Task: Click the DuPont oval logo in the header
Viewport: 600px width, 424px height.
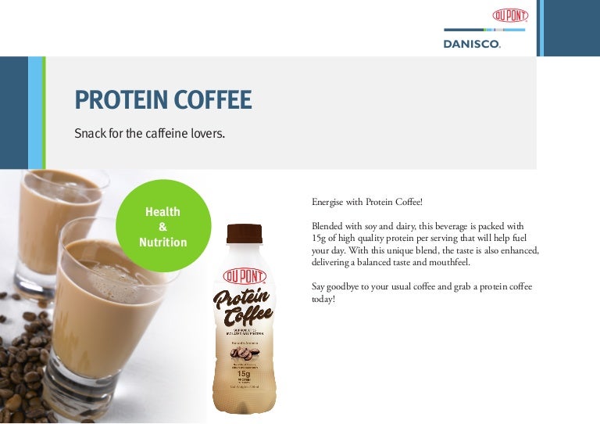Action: point(510,16)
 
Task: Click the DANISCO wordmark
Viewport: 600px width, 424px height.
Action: point(472,45)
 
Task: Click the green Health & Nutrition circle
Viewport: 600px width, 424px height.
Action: point(162,225)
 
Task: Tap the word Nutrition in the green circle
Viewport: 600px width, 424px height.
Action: point(162,243)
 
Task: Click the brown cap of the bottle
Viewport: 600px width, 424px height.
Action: point(245,233)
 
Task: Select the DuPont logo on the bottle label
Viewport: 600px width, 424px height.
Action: point(245,275)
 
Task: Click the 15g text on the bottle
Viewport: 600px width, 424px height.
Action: point(245,373)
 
